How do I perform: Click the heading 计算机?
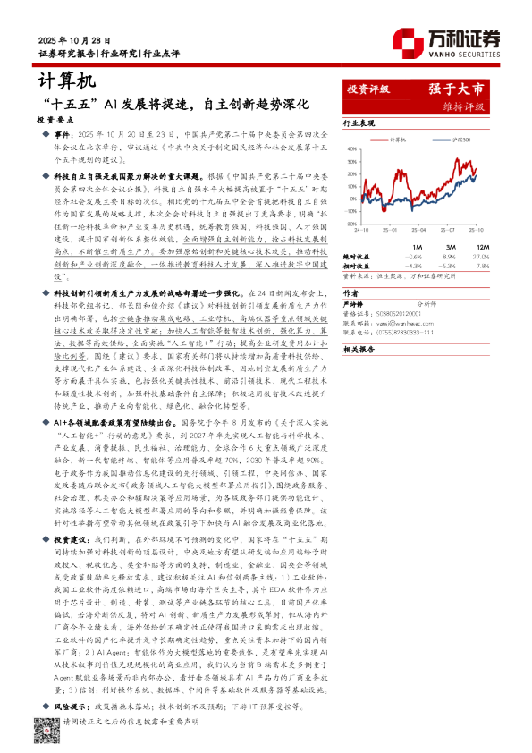click(x=65, y=81)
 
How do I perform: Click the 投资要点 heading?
click(x=52, y=118)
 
